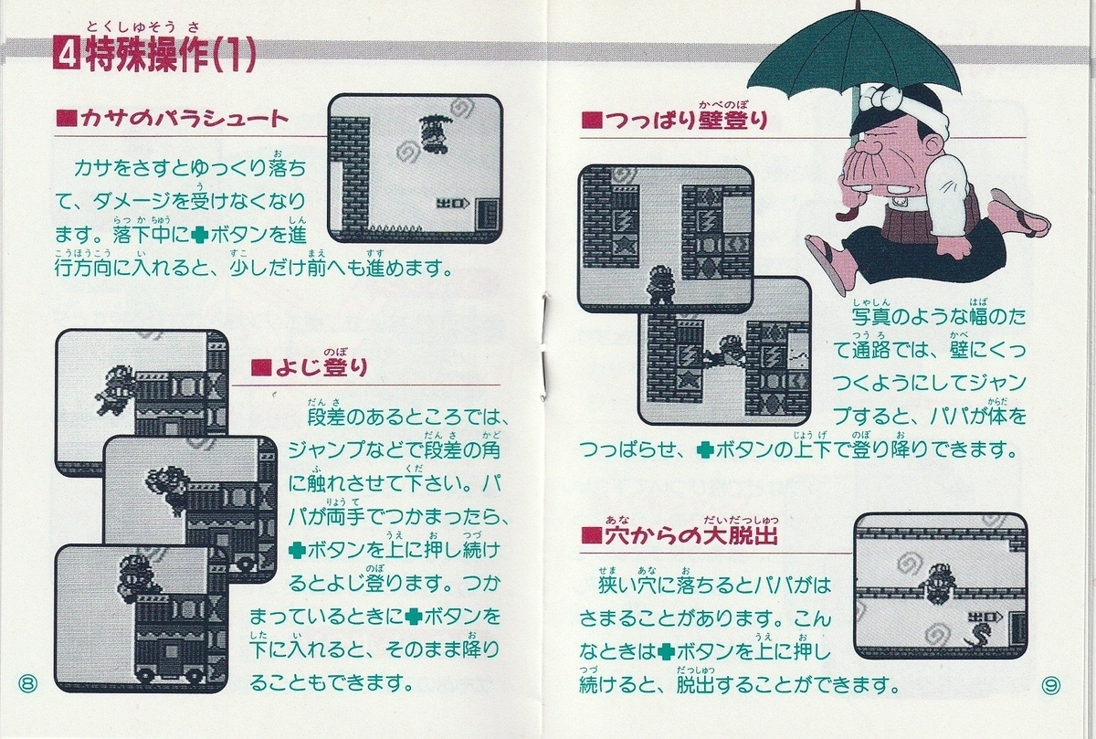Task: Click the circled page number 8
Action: tap(28, 682)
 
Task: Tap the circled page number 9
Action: tap(1050, 685)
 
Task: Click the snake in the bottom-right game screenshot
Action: tap(979, 635)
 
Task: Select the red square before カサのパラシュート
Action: tap(67, 119)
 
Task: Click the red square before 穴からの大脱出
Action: tap(591, 537)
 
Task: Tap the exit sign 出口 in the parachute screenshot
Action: tap(452, 203)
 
